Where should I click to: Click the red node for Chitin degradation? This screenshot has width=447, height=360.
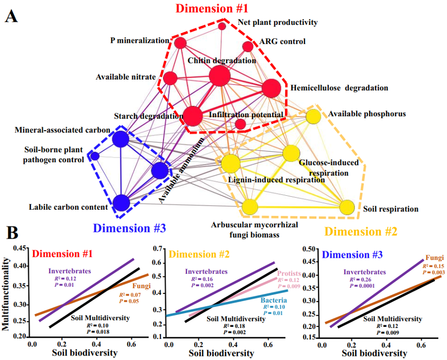point(219,77)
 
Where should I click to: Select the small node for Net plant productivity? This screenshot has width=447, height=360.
point(222,26)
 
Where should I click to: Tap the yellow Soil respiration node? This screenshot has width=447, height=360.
point(347,208)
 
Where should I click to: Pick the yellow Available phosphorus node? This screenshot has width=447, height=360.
point(313,116)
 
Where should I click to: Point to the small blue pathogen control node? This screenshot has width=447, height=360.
point(94,156)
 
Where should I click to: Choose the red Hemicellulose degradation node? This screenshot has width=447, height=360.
point(271,89)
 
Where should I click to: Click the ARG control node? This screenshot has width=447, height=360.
point(248,46)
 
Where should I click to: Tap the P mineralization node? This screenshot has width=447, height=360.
point(180,43)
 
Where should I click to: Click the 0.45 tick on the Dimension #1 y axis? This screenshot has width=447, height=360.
point(20,248)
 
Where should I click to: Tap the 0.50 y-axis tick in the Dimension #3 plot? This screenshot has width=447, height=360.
point(310,249)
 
